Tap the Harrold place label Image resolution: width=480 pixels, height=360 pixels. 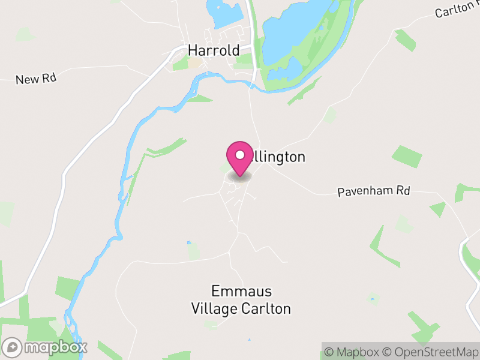coord(214,50)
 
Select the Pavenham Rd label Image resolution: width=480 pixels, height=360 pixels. coord(373,191)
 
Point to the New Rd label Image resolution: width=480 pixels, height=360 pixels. coord(35,79)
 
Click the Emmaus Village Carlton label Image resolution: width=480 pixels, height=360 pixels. coord(241,300)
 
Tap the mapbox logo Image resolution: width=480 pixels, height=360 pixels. coord(46,347)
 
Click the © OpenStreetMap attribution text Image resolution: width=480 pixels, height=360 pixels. coord(433,352)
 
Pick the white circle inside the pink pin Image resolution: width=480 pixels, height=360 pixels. coord(240,155)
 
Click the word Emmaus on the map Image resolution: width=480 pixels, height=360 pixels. coord(241,292)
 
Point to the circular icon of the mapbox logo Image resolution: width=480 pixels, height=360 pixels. coord(12,347)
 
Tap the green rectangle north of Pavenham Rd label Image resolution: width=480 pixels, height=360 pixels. coord(407,156)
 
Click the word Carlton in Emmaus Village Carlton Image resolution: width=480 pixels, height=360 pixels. coord(268,309)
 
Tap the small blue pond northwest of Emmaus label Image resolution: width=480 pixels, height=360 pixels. coord(188,243)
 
